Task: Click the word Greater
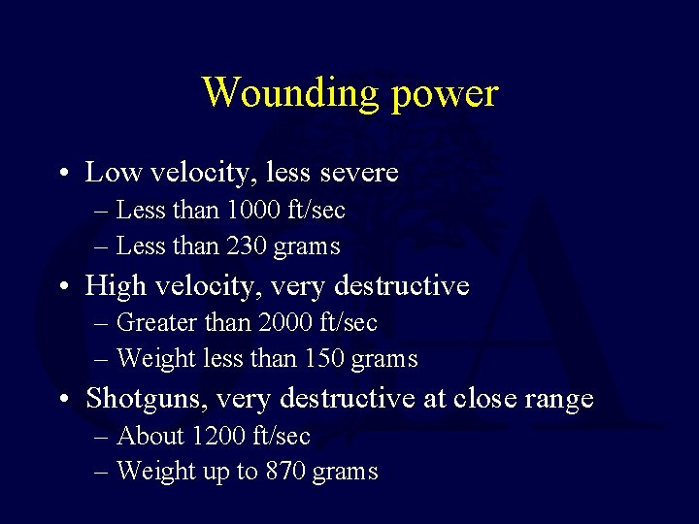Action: (155, 322)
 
